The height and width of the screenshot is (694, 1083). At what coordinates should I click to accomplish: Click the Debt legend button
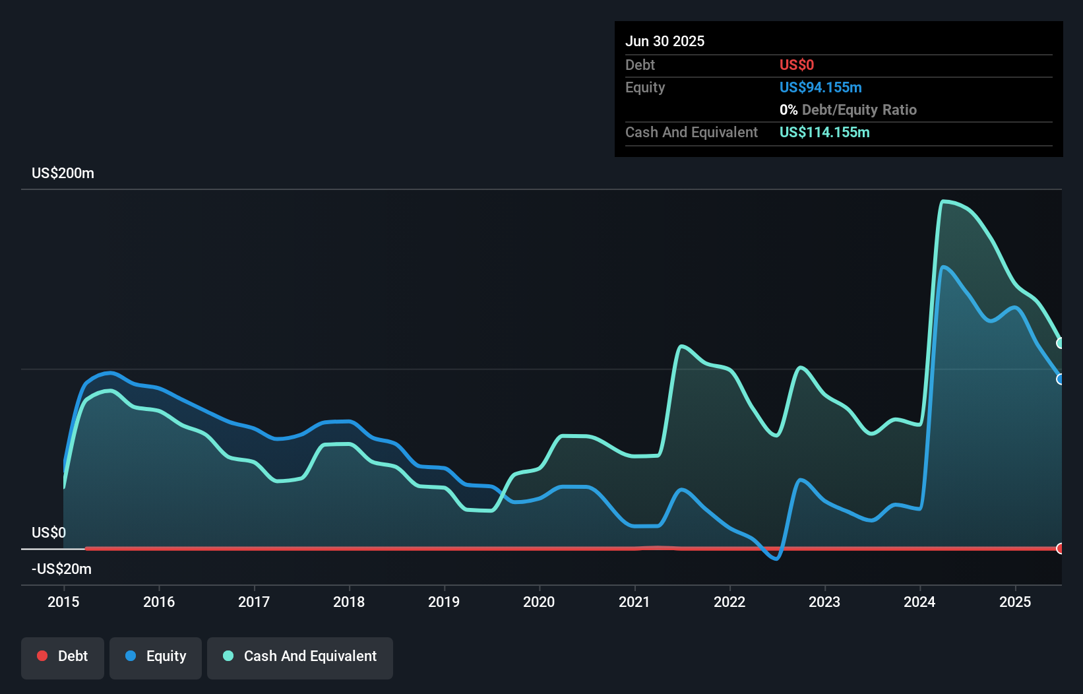[x=63, y=656]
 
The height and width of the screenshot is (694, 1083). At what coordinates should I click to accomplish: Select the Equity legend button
[x=156, y=656]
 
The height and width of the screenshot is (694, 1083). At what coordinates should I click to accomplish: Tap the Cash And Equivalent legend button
[x=300, y=656]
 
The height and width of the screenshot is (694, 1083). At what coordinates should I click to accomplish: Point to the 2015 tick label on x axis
[x=63, y=602]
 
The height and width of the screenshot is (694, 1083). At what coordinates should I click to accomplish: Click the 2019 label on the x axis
[x=444, y=602]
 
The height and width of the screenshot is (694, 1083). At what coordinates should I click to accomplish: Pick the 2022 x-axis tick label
[x=729, y=602]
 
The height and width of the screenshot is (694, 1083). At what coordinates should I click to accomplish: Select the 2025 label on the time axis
[x=1015, y=602]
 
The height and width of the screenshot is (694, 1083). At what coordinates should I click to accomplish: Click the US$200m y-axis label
[x=63, y=173]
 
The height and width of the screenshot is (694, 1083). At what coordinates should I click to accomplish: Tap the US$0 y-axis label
[x=49, y=532]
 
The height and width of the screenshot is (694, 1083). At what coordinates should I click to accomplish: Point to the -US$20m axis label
[x=61, y=569]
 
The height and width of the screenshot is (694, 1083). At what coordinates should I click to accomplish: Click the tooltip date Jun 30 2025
[x=665, y=41]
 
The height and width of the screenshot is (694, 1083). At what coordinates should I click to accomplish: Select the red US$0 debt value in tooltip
[x=797, y=65]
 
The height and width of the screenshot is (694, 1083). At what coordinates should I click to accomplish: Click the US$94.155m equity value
[x=820, y=87]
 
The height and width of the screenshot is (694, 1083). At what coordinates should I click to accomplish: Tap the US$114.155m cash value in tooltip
[x=824, y=132]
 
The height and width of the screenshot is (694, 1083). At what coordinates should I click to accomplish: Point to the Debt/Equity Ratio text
[x=859, y=110]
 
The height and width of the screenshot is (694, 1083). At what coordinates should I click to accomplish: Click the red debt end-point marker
[x=1060, y=548]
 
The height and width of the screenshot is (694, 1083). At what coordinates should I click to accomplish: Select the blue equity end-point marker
[x=1060, y=379]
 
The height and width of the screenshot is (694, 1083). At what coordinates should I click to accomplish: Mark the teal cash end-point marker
[x=1060, y=343]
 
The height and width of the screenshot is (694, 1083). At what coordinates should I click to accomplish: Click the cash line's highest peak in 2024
[x=944, y=201]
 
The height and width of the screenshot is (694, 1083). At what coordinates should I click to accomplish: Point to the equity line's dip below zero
[x=776, y=558]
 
